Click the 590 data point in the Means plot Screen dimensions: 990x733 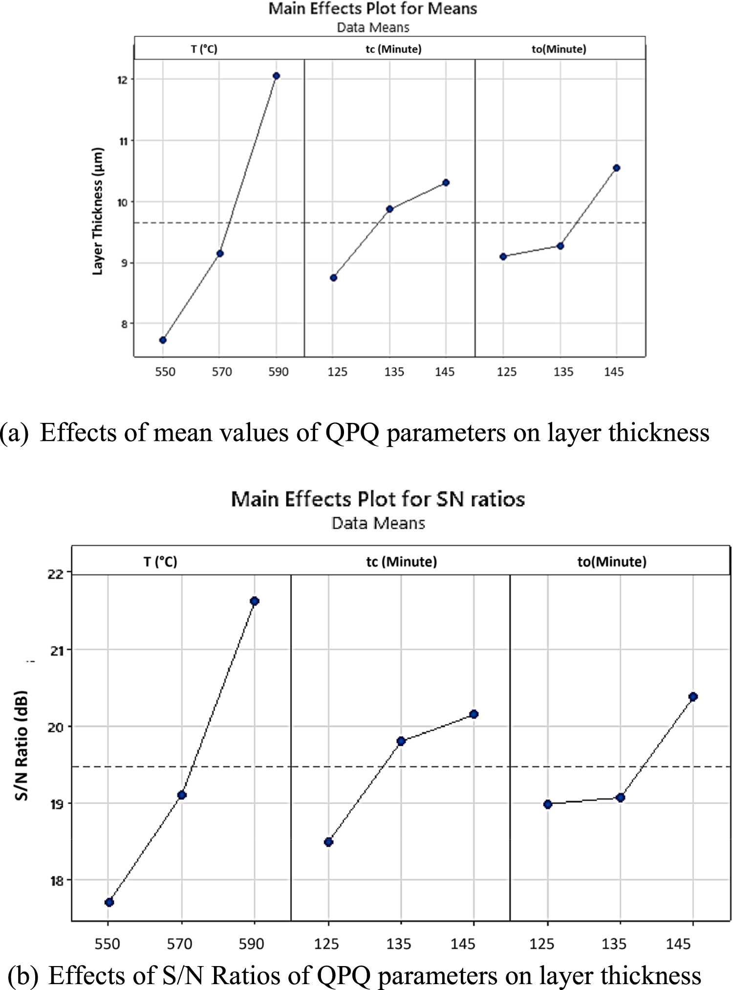[276, 76]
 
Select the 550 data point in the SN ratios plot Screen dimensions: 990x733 [109, 902]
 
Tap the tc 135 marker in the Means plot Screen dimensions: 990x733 [389, 209]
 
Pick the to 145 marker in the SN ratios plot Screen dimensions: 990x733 [693, 697]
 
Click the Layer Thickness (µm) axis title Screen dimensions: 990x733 [98, 211]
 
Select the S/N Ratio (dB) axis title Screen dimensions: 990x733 [22, 746]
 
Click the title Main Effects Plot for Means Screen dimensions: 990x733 [372, 8]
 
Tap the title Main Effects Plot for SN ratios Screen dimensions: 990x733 [378, 499]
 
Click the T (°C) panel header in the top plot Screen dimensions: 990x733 [204, 49]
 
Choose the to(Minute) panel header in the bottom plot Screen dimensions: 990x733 [612, 562]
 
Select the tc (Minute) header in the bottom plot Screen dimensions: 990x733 [401, 562]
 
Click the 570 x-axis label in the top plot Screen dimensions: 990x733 [221, 372]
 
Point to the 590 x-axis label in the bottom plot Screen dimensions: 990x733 [251, 944]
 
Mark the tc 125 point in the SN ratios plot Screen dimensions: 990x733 [328, 841]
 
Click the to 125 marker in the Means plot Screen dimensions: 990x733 [503, 256]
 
